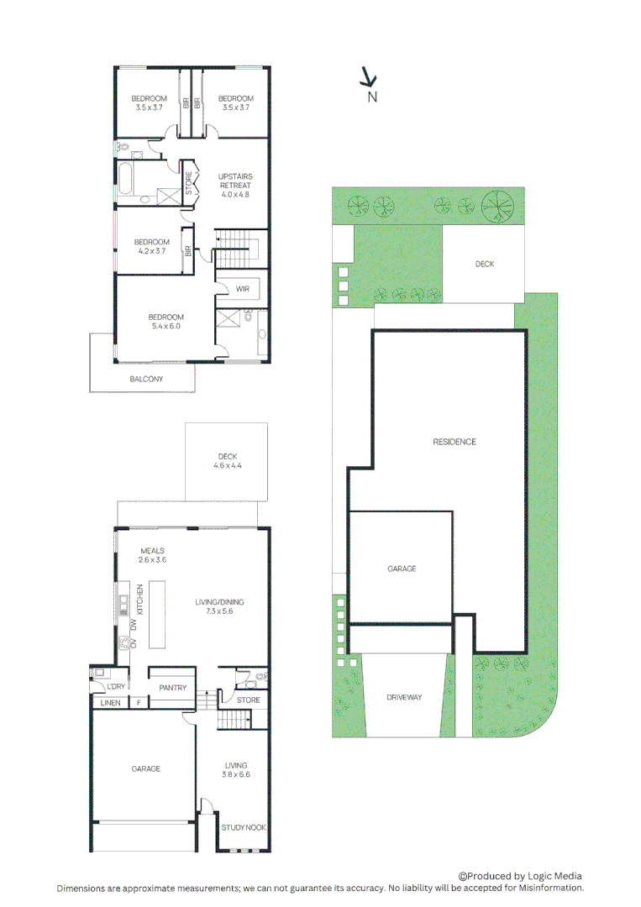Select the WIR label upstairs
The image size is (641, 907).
click(242, 289)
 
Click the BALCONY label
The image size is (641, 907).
click(146, 380)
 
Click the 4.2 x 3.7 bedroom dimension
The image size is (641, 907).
click(152, 251)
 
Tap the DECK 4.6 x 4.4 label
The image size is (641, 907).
click(227, 461)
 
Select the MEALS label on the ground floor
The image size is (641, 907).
click(152, 551)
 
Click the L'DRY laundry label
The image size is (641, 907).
click(116, 686)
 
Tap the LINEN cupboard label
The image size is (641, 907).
click(110, 703)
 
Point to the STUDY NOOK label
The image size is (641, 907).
click(244, 827)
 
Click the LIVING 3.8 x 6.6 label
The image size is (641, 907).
click(236, 769)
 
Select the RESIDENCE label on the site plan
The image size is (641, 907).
click(454, 442)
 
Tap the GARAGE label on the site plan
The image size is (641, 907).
click(402, 569)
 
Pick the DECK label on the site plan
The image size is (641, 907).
click(485, 264)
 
